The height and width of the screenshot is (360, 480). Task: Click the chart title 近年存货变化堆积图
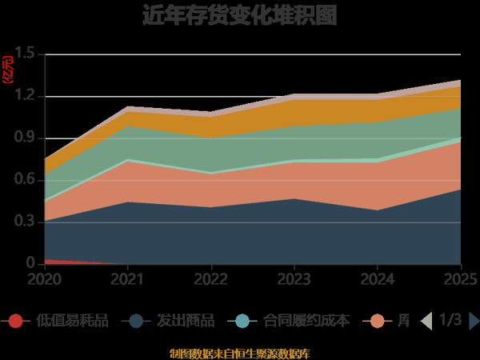pyautogui.click(x=240, y=15)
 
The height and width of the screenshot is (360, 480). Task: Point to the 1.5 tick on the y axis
pyautogui.click(x=26, y=54)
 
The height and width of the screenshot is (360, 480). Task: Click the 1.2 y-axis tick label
pyautogui.click(x=26, y=96)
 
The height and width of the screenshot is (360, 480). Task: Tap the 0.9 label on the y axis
pyautogui.click(x=26, y=138)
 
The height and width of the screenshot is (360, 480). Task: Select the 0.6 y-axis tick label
pyautogui.click(x=26, y=180)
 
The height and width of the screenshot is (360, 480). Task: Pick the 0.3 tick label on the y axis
pyautogui.click(x=26, y=222)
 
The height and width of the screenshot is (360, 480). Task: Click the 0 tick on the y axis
pyautogui.click(x=30, y=263)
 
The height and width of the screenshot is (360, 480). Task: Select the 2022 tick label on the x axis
pyautogui.click(x=212, y=278)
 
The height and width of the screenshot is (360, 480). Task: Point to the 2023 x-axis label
pyautogui.click(x=295, y=278)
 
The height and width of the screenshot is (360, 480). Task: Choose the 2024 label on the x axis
pyautogui.click(x=378, y=278)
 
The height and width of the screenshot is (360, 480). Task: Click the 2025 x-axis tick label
pyautogui.click(x=462, y=278)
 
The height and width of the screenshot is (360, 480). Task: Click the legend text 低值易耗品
pyautogui.click(x=72, y=321)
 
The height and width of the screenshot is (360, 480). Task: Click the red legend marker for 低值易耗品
pyautogui.click(x=14, y=321)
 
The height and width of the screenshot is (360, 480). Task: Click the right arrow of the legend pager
pyautogui.click(x=474, y=321)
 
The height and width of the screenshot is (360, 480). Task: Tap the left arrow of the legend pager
pyautogui.click(x=426, y=321)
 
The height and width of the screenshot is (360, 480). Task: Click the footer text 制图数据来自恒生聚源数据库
pyautogui.click(x=240, y=353)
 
